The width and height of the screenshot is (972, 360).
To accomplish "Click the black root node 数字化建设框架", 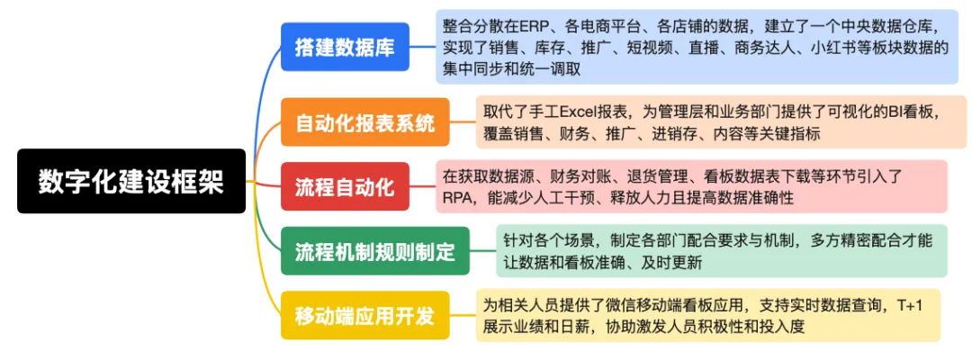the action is point(131,181).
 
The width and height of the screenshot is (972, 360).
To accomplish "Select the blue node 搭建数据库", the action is point(346,47).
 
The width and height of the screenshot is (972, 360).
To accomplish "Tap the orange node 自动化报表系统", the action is point(365,122).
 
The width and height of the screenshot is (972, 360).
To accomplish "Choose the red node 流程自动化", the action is point(346,186).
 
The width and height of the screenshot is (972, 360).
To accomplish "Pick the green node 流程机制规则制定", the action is point(375,251).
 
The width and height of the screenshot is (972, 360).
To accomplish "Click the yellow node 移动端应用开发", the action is point(365,315).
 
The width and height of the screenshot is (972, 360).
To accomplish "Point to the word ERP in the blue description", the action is point(531,27).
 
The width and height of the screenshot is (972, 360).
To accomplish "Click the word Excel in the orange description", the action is point(577,112).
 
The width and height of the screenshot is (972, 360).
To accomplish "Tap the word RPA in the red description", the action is point(456,198).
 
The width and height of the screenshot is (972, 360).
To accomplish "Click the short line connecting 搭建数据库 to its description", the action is point(423,47).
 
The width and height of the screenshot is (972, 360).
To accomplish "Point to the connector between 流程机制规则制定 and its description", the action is point(483,251).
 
